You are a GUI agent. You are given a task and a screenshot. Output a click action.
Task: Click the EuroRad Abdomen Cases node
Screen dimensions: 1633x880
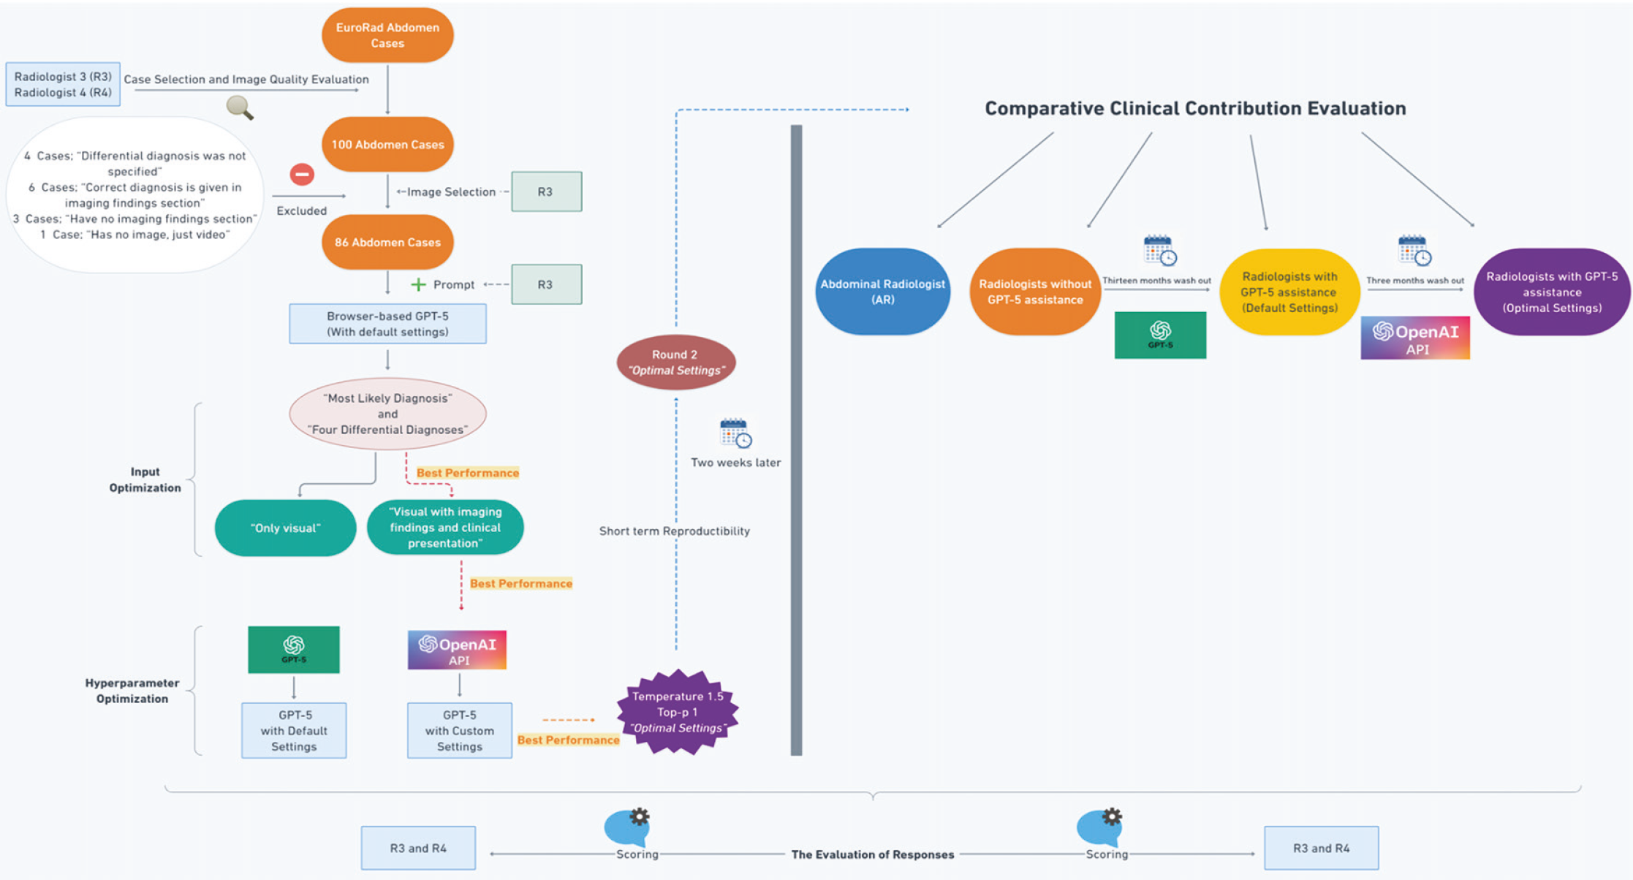387,35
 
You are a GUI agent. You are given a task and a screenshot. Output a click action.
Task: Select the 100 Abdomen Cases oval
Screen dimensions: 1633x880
387,144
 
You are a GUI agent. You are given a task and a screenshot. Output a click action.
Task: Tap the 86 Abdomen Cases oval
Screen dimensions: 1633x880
387,242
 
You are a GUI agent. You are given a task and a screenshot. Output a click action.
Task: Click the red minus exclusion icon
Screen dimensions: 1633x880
302,174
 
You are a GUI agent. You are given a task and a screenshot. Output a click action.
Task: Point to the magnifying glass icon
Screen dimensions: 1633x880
239,107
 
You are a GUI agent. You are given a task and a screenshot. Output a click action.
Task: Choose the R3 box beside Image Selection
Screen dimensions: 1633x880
546,191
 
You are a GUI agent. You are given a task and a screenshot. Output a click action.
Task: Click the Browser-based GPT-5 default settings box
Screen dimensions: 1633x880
387,324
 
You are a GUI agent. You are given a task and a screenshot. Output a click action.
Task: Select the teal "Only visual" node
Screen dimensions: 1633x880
285,528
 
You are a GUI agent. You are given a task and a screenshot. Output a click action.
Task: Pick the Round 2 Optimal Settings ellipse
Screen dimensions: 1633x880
675,363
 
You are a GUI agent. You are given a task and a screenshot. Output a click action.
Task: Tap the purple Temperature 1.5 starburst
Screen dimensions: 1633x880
678,712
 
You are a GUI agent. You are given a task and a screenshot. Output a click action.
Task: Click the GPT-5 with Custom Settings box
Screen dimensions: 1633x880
459,730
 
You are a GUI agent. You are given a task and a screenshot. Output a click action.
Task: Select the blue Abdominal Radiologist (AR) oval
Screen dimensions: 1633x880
882,292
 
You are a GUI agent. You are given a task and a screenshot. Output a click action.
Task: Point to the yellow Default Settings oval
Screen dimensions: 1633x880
1289,292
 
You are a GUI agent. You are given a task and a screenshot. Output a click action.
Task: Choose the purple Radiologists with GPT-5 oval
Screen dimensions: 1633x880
1552,292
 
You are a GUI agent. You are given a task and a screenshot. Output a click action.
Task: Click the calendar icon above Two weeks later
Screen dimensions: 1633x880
735,433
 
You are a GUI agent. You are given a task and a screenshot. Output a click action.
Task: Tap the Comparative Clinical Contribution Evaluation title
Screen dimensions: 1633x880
1195,108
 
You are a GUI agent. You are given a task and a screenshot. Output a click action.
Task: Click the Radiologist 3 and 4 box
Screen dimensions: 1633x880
63,84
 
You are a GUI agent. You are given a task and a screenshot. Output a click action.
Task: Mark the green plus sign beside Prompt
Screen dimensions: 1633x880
418,284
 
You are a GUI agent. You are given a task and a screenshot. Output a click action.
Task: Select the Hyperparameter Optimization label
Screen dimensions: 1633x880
132,691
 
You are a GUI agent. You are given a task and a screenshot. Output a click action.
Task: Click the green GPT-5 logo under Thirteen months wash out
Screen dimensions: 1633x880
1160,335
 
